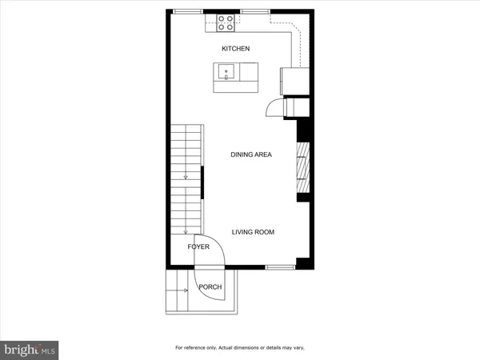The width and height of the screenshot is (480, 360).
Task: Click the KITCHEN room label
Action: click(x=236, y=49)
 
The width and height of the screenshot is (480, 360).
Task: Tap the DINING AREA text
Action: click(x=251, y=154)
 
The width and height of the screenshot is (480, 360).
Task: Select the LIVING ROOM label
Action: click(x=253, y=232)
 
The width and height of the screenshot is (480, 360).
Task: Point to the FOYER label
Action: click(x=198, y=247)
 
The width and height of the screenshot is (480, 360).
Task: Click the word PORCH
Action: click(x=210, y=287)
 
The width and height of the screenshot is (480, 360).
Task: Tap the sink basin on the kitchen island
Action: click(x=226, y=72)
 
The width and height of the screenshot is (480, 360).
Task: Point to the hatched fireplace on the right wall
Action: click(x=301, y=167)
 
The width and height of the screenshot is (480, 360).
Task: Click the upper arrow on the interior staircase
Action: click(x=186, y=177)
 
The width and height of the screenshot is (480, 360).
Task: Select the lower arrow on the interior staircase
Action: click(x=186, y=231)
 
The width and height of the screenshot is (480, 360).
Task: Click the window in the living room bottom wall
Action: click(x=279, y=266)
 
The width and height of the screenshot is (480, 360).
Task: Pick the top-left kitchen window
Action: click(x=188, y=10)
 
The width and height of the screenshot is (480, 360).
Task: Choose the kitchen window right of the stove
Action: click(x=254, y=10)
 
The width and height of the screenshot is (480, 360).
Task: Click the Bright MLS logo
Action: click(x=30, y=350)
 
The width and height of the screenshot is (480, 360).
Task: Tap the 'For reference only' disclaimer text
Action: click(x=239, y=347)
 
